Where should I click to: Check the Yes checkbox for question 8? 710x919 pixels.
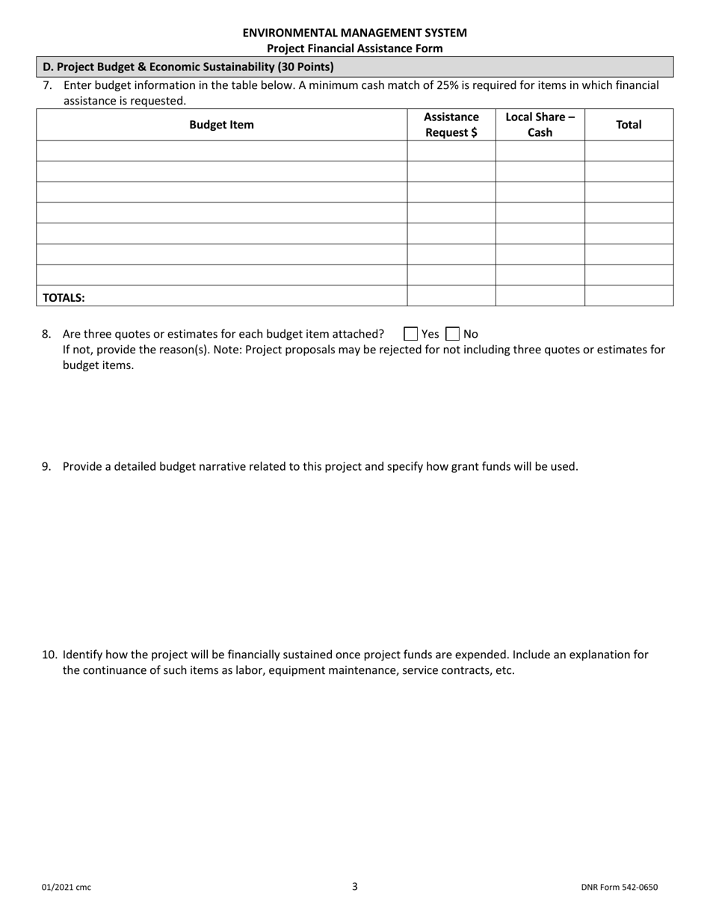(x=410, y=334)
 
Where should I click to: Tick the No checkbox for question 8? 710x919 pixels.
(x=452, y=334)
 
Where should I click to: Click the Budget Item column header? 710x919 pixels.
(x=221, y=125)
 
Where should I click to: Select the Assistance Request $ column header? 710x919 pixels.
(x=451, y=125)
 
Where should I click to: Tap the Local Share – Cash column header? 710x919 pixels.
(x=540, y=125)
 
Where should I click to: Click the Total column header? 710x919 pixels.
(x=628, y=125)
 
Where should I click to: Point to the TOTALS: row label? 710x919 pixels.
(x=64, y=297)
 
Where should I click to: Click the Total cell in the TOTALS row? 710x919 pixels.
(x=628, y=296)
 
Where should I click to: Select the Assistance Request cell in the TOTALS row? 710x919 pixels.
(x=451, y=296)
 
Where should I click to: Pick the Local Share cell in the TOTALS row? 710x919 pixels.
(x=540, y=296)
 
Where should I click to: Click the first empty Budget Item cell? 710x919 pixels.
(x=221, y=151)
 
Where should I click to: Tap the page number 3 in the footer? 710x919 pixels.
(x=355, y=886)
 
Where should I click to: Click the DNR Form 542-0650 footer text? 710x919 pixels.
(x=619, y=888)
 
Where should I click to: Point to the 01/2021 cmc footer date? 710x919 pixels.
(x=67, y=888)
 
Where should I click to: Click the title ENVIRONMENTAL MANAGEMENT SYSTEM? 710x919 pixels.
(x=355, y=33)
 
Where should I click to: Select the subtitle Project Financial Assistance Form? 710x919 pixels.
(x=355, y=49)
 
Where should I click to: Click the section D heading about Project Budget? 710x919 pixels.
(x=188, y=66)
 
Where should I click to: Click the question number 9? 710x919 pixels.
(x=46, y=466)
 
